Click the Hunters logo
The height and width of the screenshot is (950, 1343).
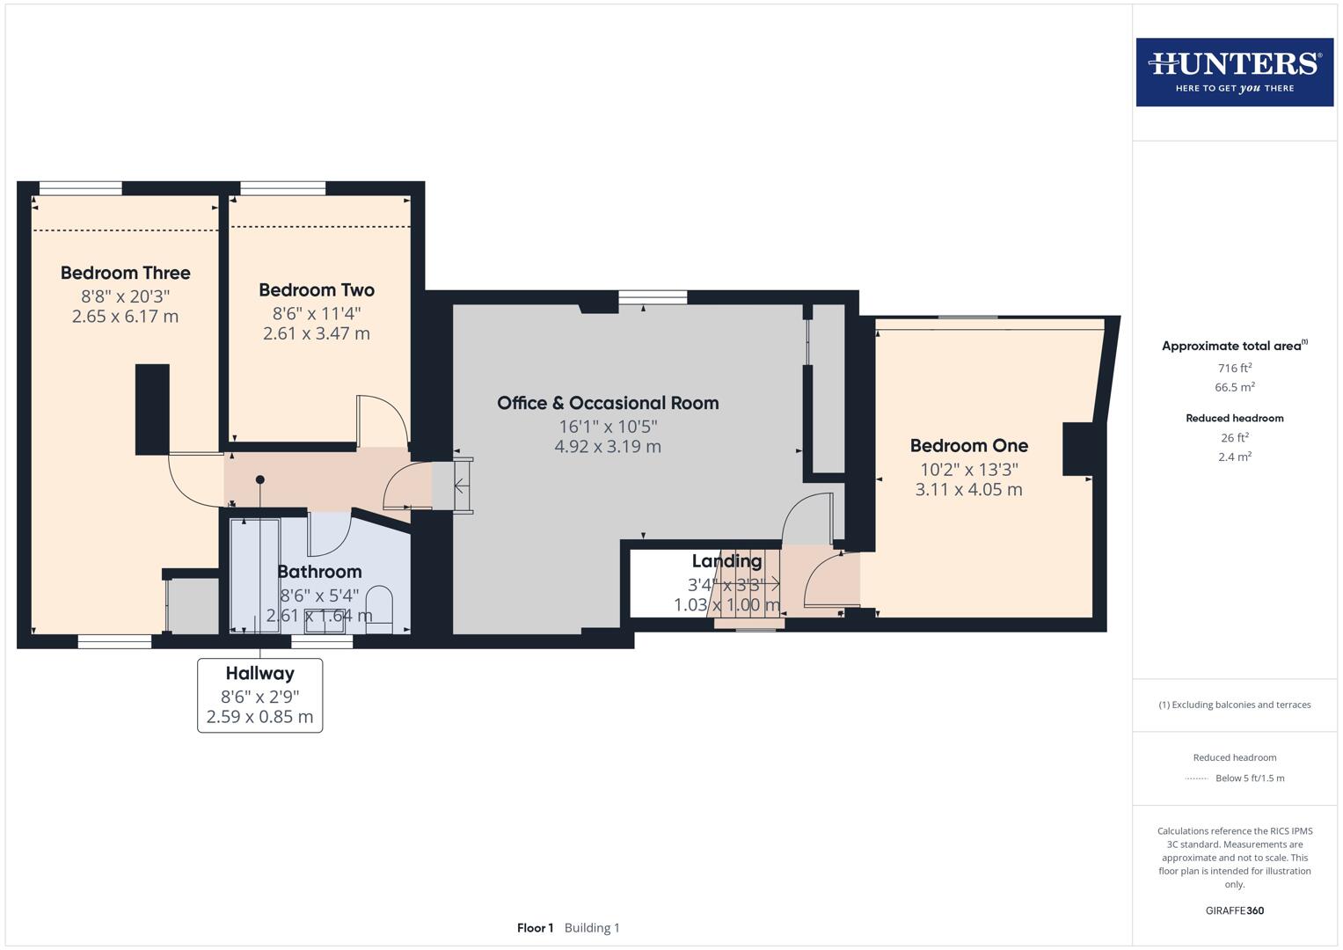pos(1234,72)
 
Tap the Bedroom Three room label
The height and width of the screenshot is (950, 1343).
pos(126,273)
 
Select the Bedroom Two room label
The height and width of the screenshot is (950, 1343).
pos(317,289)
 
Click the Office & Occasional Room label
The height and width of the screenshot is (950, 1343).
pos(608,403)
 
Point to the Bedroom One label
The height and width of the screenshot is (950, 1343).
pos(968,445)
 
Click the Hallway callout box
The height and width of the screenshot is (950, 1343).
pos(259,695)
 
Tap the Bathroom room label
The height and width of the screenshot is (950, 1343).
pos(319,572)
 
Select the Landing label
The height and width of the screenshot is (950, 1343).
pos(726,561)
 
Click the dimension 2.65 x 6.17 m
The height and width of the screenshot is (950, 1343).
pos(125,317)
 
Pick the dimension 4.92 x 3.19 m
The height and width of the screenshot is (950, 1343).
pos(608,447)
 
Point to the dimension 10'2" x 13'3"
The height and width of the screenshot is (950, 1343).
pos(968,470)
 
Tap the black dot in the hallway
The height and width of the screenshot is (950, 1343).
pos(259,479)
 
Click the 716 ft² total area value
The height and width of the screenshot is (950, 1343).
pos(1234,369)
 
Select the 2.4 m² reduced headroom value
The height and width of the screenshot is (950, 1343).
pos(1234,457)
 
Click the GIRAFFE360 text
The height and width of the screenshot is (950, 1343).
pos(1234,910)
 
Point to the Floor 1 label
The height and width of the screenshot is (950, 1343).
pos(535,928)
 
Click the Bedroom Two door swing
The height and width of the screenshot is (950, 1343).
pos(383,420)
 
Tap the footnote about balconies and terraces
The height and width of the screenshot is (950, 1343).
pos(1234,705)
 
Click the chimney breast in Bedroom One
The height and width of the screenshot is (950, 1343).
pos(1077,449)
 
